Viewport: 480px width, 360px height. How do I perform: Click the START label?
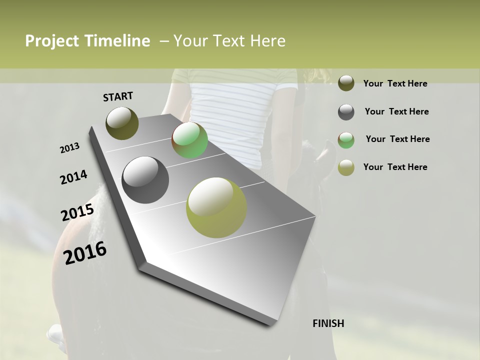[118, 96]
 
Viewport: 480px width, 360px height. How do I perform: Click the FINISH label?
[328, 323]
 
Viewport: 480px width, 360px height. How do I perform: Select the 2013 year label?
[70, 148]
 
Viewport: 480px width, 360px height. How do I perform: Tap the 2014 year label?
[73, 177]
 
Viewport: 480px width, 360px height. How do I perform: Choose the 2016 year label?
[85, 252]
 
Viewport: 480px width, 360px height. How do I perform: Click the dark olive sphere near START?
[122, 123]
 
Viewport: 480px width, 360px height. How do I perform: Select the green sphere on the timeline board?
[190, 140]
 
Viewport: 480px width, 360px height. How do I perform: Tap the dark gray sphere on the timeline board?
[145, 180]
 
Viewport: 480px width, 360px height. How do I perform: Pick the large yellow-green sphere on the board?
[216, 207]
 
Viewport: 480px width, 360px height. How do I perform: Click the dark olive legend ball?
[346, 83]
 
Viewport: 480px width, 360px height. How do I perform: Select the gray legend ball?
[346, 112]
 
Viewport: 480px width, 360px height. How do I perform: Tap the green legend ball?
[346, 140]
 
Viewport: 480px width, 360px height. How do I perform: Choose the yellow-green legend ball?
[346, 167]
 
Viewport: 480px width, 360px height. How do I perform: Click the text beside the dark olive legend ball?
[395, 83]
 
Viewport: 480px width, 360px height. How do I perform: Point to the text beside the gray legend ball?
[396, 111]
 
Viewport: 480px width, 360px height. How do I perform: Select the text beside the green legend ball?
[397, 139]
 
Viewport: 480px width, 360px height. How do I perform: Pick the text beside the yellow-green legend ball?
[395, 167]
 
